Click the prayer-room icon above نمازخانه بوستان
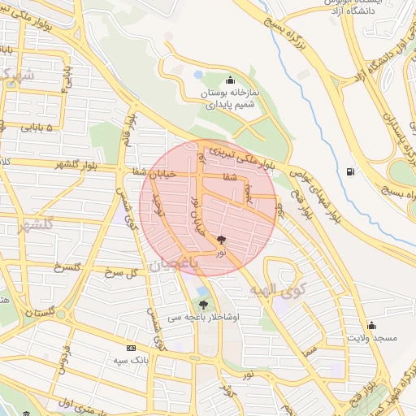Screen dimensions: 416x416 pos(231,79)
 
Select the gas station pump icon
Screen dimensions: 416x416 pos(350,171)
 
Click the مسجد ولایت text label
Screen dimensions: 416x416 pos(372,336)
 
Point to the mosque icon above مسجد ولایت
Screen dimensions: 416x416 pos(372,323)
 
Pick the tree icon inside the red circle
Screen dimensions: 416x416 pos(222,240)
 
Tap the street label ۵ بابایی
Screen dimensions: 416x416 pos(35,128)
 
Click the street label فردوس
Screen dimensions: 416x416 pos(68,361)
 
